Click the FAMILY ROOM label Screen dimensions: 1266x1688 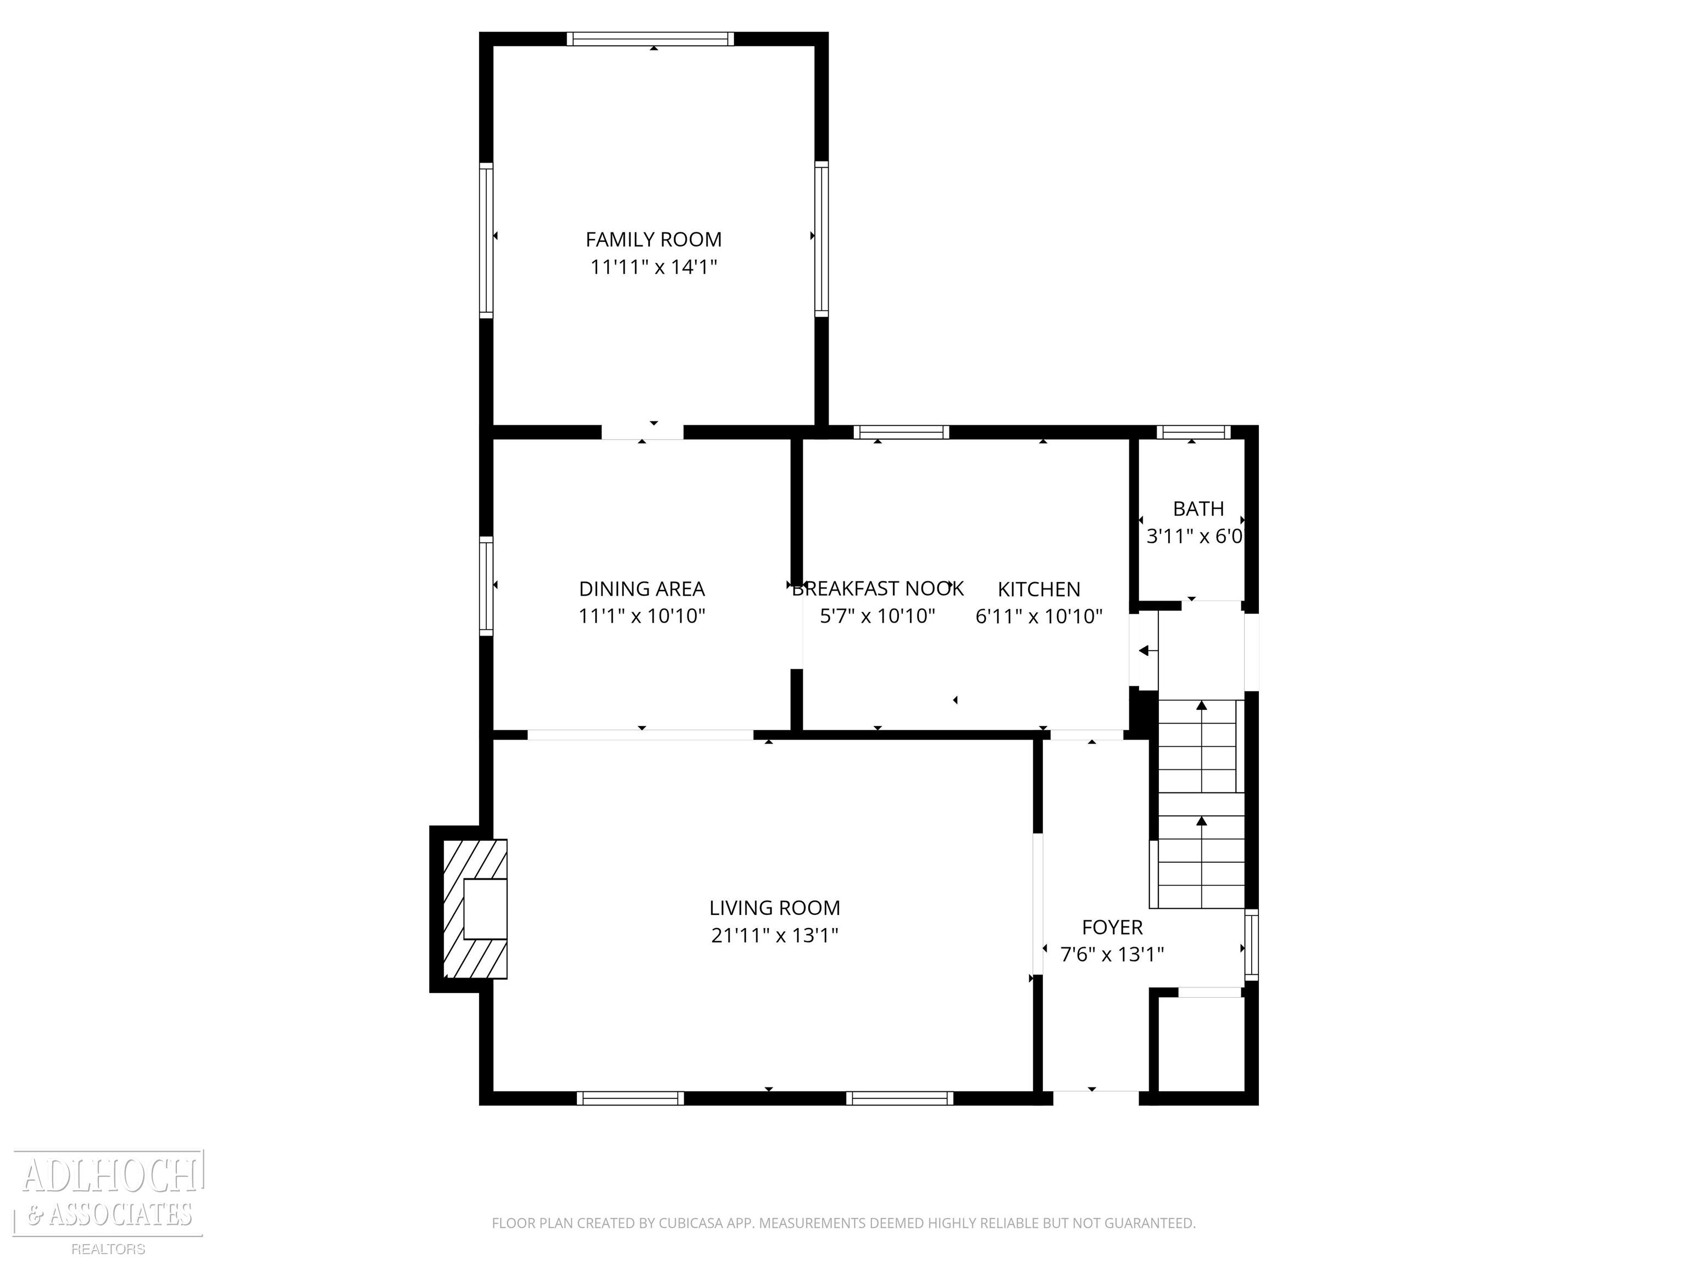pyautogui.click(x=653, y=240)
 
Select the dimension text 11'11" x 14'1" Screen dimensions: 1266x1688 pyautogui.click(x=653, y=267)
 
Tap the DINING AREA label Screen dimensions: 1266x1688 pyautogui.click(x=642, y=589)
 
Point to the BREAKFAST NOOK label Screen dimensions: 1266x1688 pyautogui.click(x=878, y=589)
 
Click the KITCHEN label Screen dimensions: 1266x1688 pyautogui.click(x=1039, y=589)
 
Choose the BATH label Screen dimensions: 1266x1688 pyautogui.click(x=1198, y=509)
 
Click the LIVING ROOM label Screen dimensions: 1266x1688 pyautogui.click(x=775, y=908)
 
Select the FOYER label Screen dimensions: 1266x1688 pyautogui.click(x=1112, y=927)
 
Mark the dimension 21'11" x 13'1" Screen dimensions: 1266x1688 pyautogui.click(x=775, y=936)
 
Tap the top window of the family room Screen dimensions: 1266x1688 pyautogui.click(x=650, y=39)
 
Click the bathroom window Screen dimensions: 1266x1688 pyautogui.click(x=1193, y=432)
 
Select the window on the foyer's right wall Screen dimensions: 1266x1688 pyautogui.click(x=1252, y=945)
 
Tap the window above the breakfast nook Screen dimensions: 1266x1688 pyautogui.click(x=901, y=432)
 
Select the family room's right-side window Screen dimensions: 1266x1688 pyautogui.click(x=821, y=239)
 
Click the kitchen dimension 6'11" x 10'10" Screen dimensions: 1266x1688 pyautogui.click(x=1039, y=617)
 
